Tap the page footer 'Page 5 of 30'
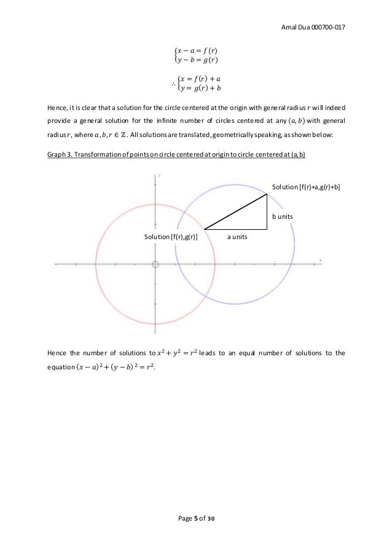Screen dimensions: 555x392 pos(195,519)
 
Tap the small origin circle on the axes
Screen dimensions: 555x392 pos(155,264)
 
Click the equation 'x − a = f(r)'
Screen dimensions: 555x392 pos(198,50)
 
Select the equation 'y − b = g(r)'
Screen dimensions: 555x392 pos(198,60)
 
